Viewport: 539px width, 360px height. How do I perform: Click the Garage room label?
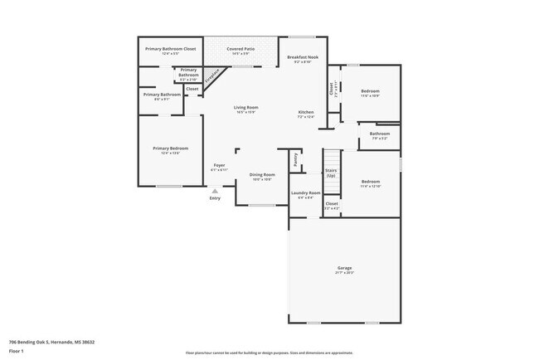tap(345, 268)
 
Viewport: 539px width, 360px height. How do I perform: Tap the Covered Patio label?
tap(240, 49)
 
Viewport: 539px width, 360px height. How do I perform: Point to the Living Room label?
tap(246, 107)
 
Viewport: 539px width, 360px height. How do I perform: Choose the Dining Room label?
tap(262, 174)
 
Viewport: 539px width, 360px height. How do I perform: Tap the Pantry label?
tap(295, 159)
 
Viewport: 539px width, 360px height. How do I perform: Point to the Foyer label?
tap(220, 166)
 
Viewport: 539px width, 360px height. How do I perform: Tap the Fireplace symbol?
tap(213, 78)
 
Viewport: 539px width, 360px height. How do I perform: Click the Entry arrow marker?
tap(215, 190)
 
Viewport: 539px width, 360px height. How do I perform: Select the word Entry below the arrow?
tap(215, 198)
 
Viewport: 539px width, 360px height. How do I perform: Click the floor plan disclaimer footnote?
tap(269, 353)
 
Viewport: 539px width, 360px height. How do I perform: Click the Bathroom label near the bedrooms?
tap(380, 134)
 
